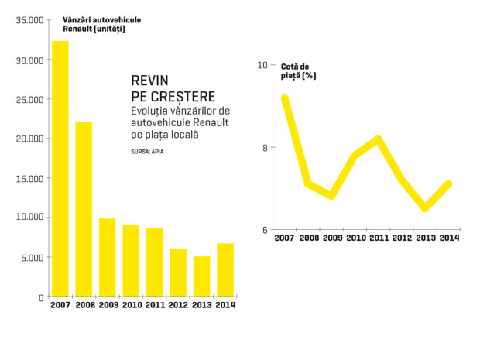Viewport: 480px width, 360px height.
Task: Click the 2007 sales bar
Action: point(60,169)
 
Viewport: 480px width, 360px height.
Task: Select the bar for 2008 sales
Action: point(84,209)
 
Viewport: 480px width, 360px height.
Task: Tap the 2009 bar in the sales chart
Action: point(108,258)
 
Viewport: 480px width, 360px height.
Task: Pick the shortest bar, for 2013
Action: point(202,276)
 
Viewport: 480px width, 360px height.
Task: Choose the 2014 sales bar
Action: point(225,270)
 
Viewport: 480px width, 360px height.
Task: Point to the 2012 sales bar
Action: point(178,273)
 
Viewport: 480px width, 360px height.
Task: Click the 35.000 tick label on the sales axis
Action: point(29,20)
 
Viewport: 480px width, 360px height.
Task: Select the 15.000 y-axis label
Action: point(29,179)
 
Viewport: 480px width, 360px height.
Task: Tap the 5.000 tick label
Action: point(33,258)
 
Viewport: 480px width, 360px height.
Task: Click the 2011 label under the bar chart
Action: point(155,305)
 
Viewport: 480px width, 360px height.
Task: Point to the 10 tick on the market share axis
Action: point(262,65)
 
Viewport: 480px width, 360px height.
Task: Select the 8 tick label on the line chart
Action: point(265,148)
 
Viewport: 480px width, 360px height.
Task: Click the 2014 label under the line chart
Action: point(449,238)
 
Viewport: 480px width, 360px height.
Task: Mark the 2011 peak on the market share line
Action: point(379,139)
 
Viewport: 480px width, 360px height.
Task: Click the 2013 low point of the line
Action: point(425,207)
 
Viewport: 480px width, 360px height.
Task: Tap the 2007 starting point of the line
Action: point(285,98)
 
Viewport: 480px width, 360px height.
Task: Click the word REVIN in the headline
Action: point(149,81)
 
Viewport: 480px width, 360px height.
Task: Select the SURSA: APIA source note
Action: point(147,152)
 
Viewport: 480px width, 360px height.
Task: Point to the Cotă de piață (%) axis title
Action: point(298,71)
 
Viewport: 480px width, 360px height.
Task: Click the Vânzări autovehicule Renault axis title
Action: point(102,25)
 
